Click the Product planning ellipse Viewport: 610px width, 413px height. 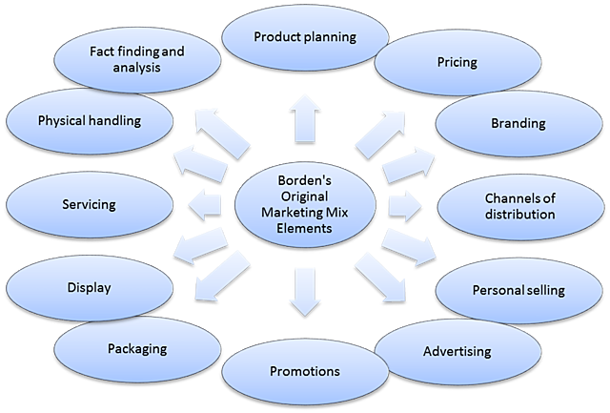(303, 37)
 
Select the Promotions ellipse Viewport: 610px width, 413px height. (302, 370)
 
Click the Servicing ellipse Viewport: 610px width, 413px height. (89, 204)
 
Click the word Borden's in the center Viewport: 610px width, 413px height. (302, 178)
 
